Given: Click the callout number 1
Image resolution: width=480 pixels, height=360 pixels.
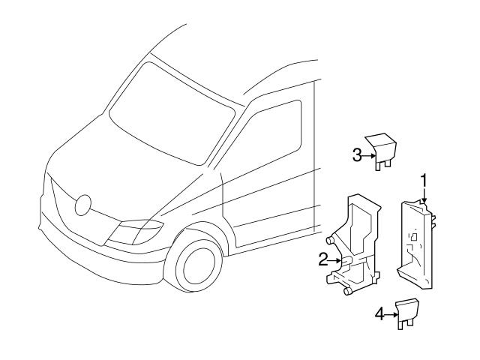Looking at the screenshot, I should click(424, 181).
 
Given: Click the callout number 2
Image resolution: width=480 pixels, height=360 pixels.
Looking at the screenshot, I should click(322, 259).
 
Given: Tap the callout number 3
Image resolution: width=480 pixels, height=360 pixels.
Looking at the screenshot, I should click(358, 154).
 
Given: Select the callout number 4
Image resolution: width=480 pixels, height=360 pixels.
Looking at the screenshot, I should click(379, 314).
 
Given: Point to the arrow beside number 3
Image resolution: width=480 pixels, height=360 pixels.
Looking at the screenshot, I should click(368, 155).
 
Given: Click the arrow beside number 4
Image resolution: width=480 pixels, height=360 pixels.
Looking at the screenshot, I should click(391, 314).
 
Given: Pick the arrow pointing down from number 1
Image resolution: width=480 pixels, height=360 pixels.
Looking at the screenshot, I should click(424, 196).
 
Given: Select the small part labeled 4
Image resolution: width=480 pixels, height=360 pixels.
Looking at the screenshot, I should click(406, 310).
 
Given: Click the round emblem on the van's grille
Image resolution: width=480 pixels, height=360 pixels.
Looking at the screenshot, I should click(83, 203).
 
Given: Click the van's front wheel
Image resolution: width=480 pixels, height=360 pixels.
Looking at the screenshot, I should click(196, 265).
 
